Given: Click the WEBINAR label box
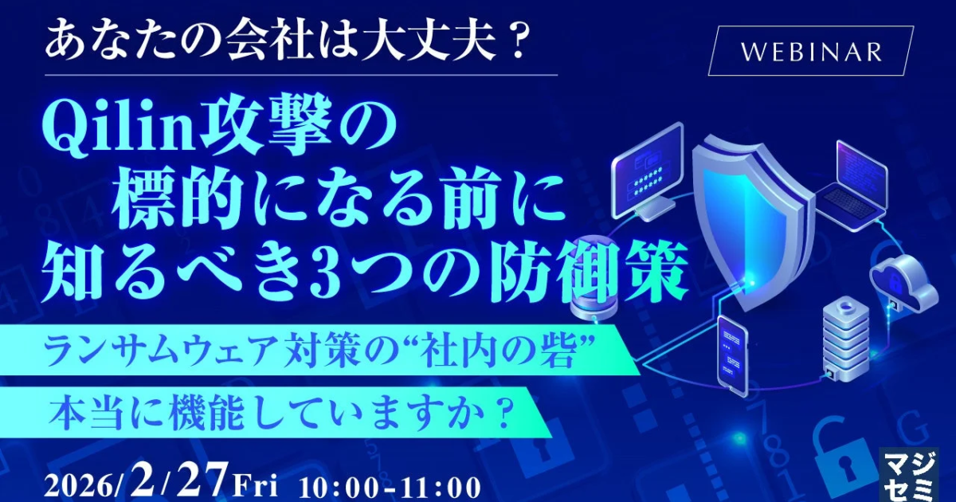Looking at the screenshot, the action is click(811, 51).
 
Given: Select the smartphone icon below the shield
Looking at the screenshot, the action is click(732, 355).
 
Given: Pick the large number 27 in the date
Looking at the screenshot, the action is click(201, 480).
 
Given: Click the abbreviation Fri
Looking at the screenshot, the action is click(255, 486).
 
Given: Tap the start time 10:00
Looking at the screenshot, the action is click(338, 487).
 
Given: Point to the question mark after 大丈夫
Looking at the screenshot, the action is click(512, 44).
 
